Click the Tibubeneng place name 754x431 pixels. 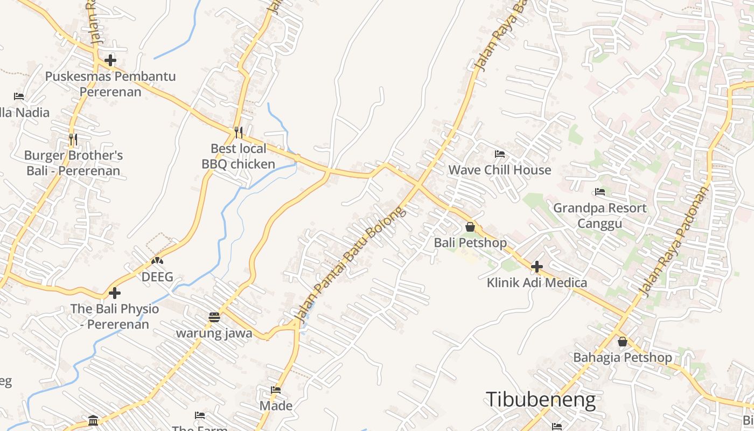tap(541, 400)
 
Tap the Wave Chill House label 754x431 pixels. tap(500, 170)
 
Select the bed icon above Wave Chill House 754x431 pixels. tap(500, 154)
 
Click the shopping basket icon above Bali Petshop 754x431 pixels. tap(470, 227)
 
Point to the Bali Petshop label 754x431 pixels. tap(470, 243)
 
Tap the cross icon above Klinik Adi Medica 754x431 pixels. tap(536, 266)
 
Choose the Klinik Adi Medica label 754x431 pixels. tap(536, 282)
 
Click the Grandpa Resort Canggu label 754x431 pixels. tap(600, 215)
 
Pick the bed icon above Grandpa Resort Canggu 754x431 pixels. tap(600, 192)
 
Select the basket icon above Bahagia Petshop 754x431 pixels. tap(623, 342)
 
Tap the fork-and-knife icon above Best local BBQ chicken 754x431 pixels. tap(238, 132)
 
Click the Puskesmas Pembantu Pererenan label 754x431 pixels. tap(110, 84)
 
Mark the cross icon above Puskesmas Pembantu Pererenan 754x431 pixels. tap(110, 60)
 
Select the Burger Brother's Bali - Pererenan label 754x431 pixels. tap(73, 163)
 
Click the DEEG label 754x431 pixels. tap(157, 277)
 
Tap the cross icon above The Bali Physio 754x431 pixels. tap(115, 293)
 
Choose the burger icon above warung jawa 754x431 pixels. tap(214, 317)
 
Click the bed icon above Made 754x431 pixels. tap(276, 390)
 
